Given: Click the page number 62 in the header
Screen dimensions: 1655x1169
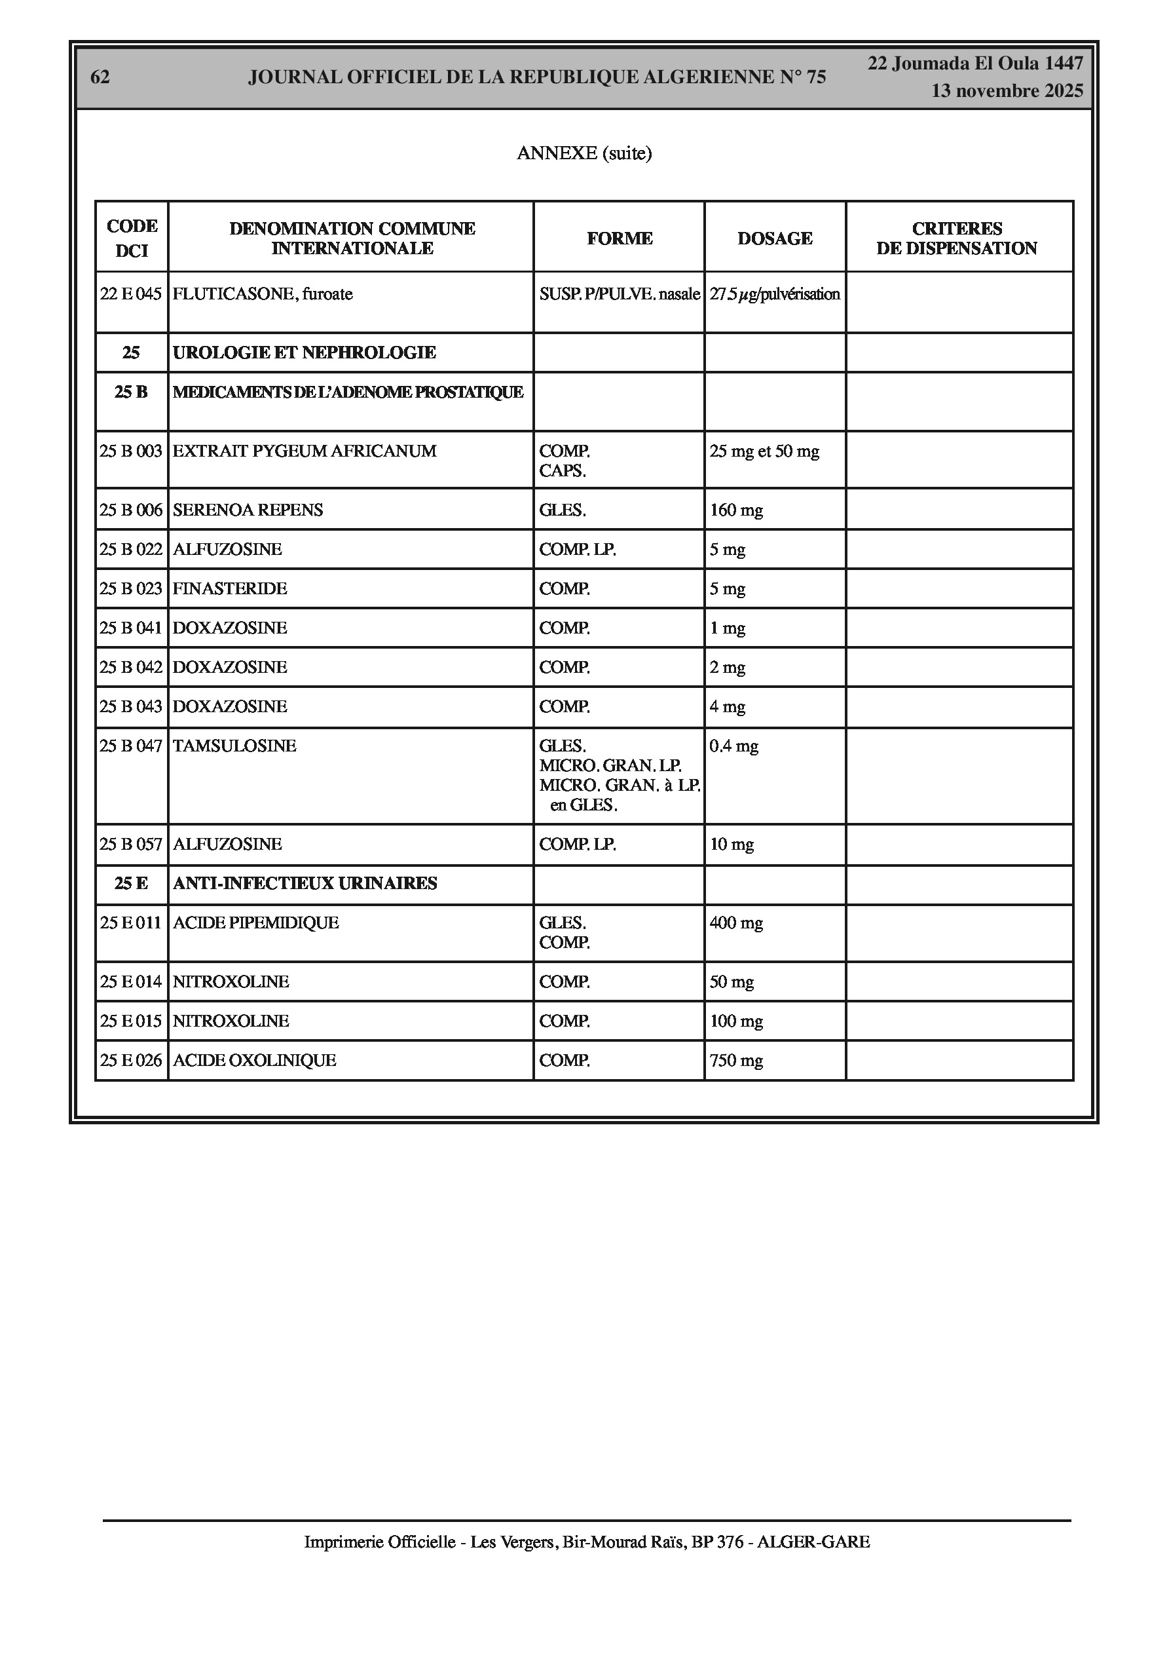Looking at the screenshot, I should point(100,77).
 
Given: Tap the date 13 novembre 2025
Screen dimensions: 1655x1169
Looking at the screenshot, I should point(1007,91).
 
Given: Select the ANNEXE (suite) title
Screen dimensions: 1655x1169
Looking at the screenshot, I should point(584,153).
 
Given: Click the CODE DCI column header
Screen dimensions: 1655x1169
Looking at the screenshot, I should point(132,238).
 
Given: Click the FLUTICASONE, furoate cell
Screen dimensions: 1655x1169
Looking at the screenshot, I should point(263,294).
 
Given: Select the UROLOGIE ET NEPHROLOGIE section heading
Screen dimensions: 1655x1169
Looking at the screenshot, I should point(304,352).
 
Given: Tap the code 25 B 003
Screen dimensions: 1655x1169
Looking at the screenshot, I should point(131,451).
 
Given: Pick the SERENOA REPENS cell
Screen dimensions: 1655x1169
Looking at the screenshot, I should point(248,510).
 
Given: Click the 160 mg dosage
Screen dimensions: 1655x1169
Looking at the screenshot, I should point(736,510).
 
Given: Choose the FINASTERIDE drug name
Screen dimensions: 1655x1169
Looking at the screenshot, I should point(230,588).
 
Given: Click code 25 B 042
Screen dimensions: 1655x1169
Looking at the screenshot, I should point(131,667).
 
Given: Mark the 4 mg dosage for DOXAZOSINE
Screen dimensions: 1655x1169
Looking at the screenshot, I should point(727,706).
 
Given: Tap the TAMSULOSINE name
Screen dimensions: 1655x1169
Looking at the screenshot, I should point(234,746).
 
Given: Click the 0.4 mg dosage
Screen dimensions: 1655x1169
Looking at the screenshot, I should point(733,746).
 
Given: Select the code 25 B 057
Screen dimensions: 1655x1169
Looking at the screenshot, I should point(131,844).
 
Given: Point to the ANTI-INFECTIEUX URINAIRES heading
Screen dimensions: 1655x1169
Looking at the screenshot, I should point(305,883).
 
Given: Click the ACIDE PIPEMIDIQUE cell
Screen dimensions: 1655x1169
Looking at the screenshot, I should point(256,923).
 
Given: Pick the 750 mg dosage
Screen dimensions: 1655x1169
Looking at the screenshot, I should point(736,1060).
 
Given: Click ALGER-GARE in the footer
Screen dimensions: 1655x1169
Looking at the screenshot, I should point(813,1542).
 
